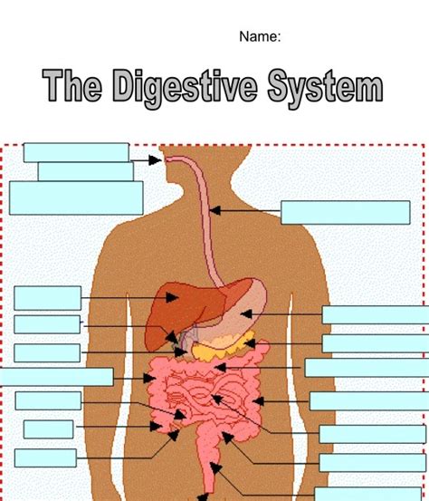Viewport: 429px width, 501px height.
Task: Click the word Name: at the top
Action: (x=260, y=36)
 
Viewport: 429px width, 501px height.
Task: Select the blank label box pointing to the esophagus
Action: (x=346, y=213)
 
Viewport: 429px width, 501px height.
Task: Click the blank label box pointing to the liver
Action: (x=48, y=298)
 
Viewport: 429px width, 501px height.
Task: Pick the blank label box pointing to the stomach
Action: (x=376, y=315)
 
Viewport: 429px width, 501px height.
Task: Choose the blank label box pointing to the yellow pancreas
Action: (x=376, y=343)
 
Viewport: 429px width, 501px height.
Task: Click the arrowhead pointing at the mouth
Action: (x=156, y=160)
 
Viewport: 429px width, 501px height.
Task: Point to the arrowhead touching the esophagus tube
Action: (x=215, y=210)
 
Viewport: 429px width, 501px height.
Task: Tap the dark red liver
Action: (x=182, y=310)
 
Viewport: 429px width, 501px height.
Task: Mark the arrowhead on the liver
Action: (x=172, y=298)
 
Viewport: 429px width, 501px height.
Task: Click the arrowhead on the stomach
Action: (x=246, y=314)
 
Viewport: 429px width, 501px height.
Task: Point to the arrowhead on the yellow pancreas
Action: (x=250, y=343)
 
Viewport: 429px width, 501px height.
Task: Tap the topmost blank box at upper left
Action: (x=76, y=152)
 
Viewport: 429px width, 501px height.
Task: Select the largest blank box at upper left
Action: (x=76, y=198)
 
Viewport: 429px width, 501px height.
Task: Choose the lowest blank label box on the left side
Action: (x=45, y=458)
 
